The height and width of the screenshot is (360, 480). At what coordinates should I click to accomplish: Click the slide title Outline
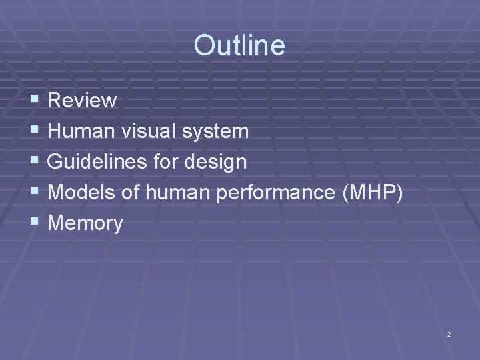pyautogui.click(x=239, y=46)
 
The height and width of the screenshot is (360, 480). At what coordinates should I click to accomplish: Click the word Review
pyautogui.click(x=83, y=101)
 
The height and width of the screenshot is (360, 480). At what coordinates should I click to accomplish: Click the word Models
pyautogui.click(x=82, y=193)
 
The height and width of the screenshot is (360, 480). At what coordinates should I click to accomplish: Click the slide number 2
pyautogui.click(x=449, y=333)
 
